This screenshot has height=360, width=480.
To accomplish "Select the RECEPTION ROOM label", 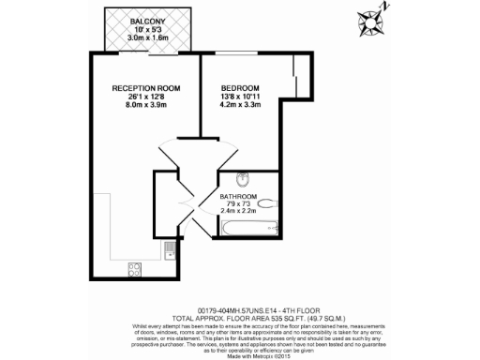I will (146, 87).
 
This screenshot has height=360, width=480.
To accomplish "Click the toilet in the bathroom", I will (267, 202).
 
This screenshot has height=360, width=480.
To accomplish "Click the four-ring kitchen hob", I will (134, 269).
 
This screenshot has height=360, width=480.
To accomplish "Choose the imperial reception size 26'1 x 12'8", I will (146, 97).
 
